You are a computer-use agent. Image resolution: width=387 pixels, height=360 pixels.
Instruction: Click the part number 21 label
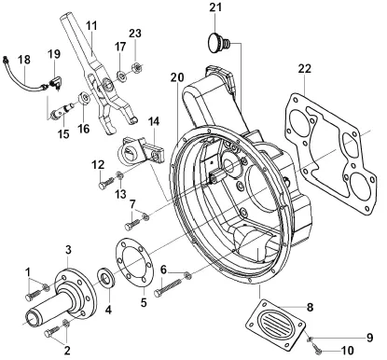click(x=215, y=7)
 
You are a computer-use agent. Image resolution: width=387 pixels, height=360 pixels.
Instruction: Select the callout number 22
click(x=304, y=69)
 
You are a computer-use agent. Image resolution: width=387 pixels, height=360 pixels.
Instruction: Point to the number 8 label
click(x=311, y=308)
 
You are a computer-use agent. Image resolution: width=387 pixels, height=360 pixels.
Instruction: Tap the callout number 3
click(x=68, y=249)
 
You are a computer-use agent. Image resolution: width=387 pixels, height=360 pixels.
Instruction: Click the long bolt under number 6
click(x=167, y=287)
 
